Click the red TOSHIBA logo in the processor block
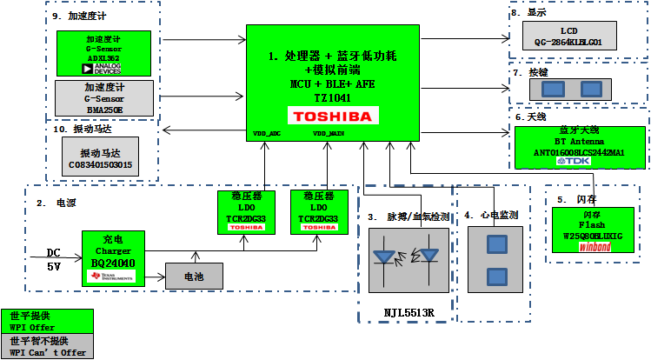tap(332, 116)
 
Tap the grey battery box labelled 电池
tap(194, 276)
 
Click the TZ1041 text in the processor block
tap(332, 98)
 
